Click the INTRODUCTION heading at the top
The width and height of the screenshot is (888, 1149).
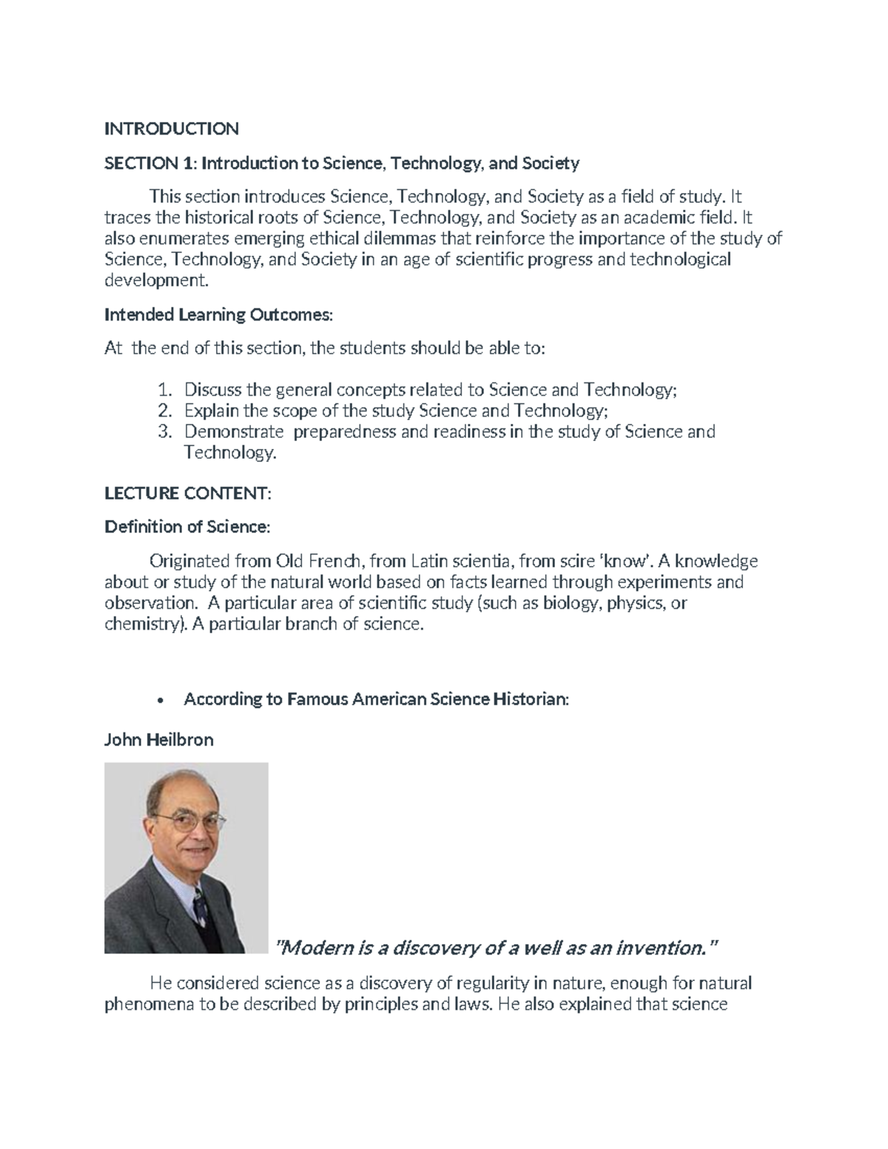171,129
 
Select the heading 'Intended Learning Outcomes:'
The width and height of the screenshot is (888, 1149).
219,314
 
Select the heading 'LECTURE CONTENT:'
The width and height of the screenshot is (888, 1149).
188,493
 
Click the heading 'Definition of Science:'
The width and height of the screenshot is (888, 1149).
187,527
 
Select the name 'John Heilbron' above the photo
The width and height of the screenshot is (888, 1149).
158,739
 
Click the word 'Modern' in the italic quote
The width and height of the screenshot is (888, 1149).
314,947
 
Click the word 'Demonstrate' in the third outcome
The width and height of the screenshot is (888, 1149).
233,431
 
